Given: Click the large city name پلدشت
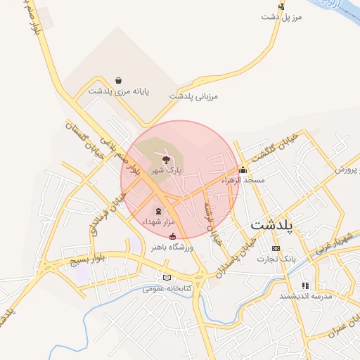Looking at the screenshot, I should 275,226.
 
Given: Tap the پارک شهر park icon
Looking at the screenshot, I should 167,160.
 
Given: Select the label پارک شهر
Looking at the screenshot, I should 169,170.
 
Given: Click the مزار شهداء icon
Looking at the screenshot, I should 157,211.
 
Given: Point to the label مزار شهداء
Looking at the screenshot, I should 157,221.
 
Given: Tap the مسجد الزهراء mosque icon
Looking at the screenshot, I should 243,169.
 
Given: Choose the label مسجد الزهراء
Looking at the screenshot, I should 243,181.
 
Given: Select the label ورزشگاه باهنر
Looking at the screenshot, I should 172,247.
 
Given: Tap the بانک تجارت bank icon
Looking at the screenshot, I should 275,248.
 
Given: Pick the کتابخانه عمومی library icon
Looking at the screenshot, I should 167,277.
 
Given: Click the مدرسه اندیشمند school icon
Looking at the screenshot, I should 305,285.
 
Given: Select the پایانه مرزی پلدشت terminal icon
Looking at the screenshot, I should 118,80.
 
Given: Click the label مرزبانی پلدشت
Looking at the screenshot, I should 194,95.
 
